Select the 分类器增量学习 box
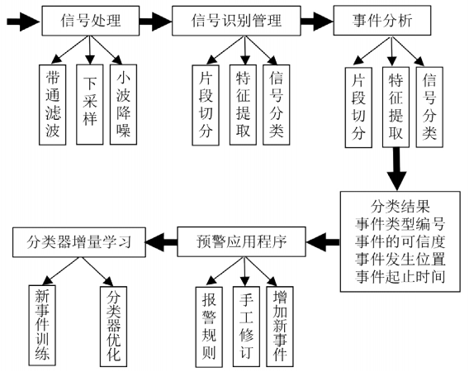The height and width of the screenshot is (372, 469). click(79, 241)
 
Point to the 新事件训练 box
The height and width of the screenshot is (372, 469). click(41, 325)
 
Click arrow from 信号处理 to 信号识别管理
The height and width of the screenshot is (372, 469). click(152, 21)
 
